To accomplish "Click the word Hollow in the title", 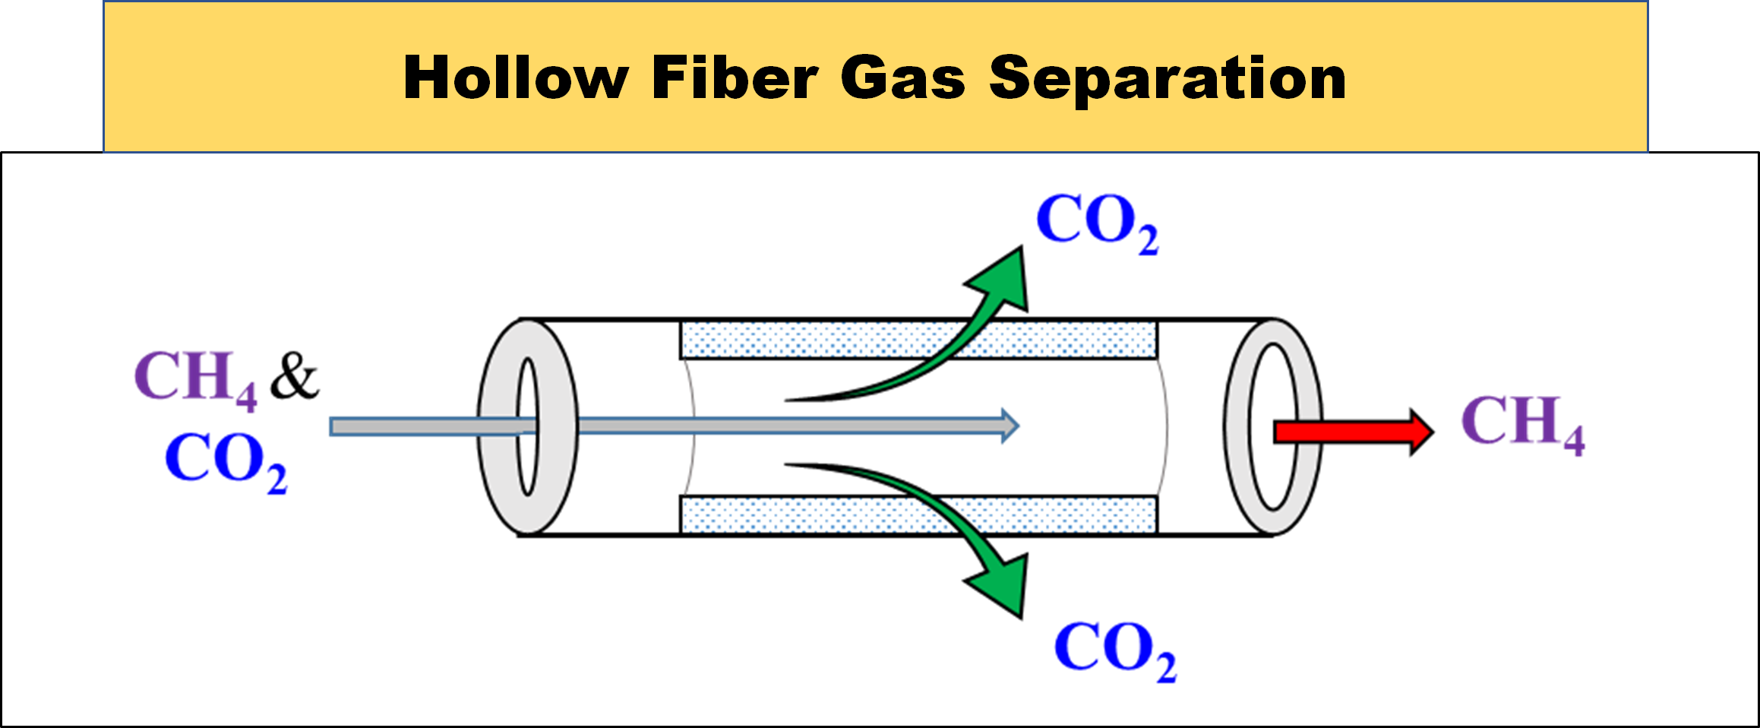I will pyautogui.click(x=515, y=78).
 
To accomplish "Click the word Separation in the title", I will pyautogui.click(x=1168, y=78).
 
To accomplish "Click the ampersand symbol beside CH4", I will pyautogui.click(x=295, y=375).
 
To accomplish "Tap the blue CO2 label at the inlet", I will pyautogui.click(x=226, y=460).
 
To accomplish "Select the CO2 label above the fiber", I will pyautogui.click(x=1097, y=221).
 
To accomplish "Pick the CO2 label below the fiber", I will pyautogui.click(x=1115, y=650).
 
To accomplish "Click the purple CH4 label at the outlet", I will pyautogui.click(x=1522, y=423).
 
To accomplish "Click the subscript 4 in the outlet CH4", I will pyautogui.click(x=1573, y=441).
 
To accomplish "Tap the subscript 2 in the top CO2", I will pyautogui.click(x=1148, y=240).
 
